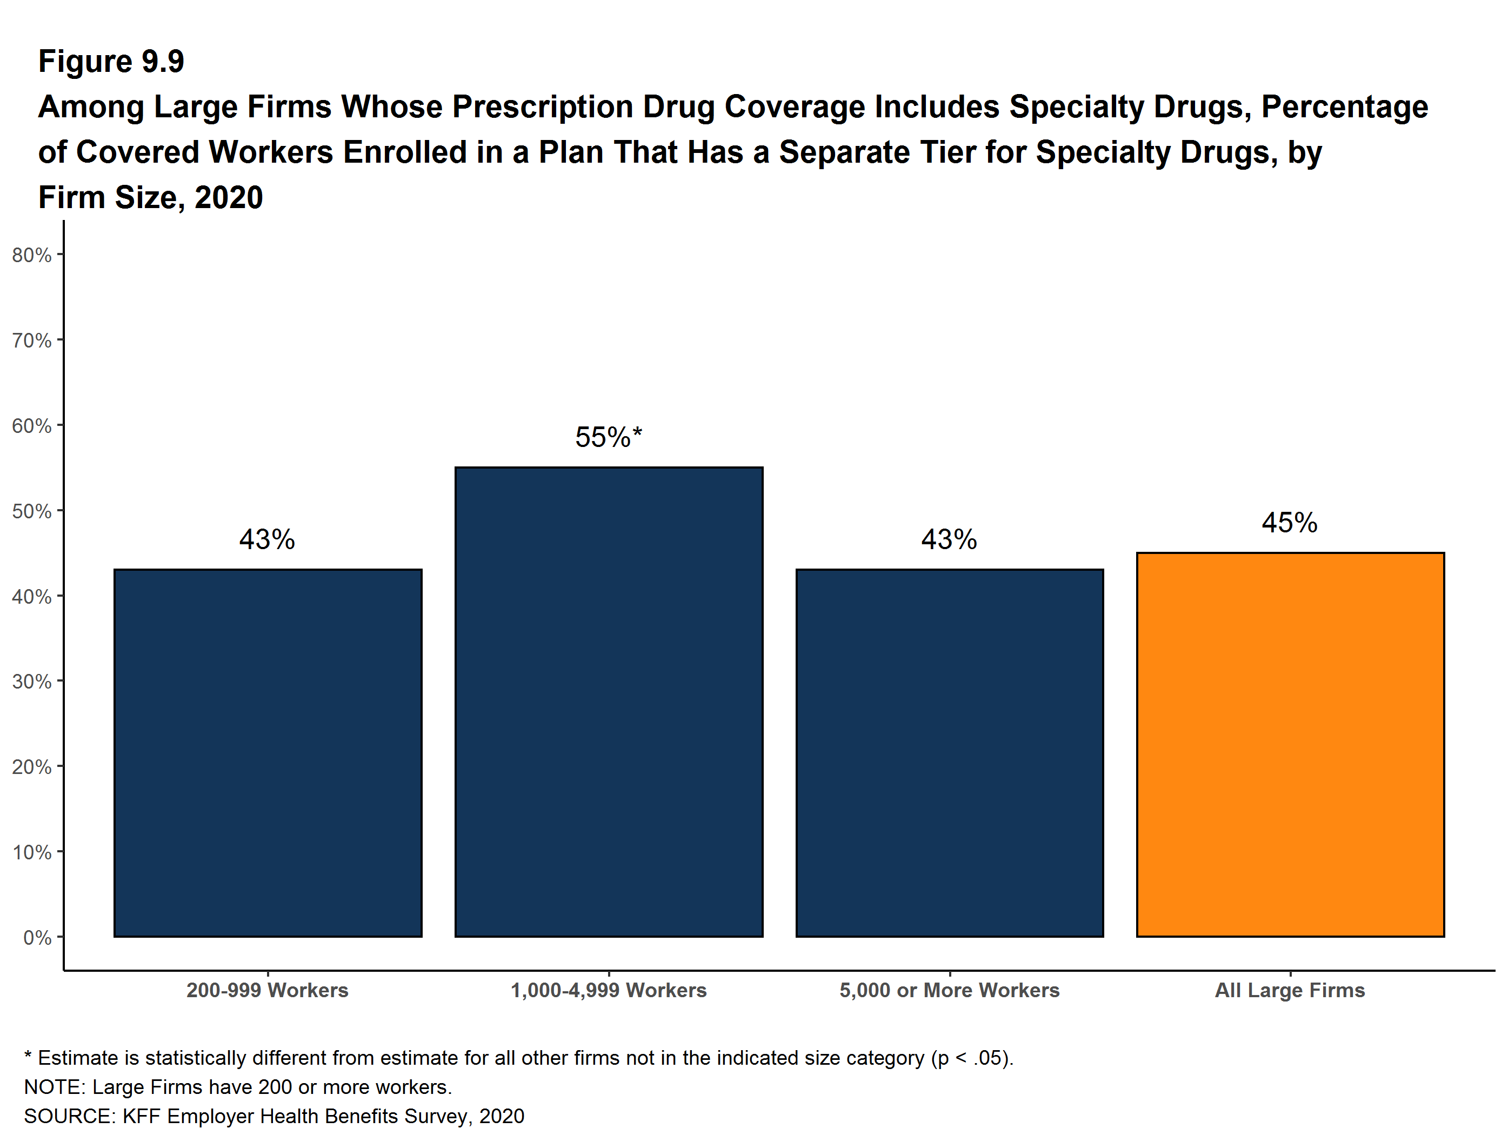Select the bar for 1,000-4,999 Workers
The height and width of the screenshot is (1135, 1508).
[609, 702]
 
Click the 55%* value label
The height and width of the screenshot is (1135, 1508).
[609, 437]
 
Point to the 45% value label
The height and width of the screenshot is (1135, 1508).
[1289, 523]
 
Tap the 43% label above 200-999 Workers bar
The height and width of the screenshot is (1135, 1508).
[267, 540]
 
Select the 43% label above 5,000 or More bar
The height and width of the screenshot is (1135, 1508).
[949, 540]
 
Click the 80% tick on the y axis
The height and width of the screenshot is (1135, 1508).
[32, 255]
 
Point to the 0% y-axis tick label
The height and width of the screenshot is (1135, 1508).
[37, 937]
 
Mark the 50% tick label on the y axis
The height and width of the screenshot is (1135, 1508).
[32, 511]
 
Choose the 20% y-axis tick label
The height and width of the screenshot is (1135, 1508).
[32, 767]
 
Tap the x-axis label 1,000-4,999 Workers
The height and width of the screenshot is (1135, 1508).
[609, 991]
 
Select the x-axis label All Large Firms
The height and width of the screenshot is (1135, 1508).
[1290, 991]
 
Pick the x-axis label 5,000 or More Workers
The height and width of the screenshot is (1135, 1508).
[950, 991]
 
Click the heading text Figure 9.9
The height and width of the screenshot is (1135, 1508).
[111, 62]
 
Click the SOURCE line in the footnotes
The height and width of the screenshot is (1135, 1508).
[274, 1116]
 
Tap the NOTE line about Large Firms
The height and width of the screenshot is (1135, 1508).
[238, 1086]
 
